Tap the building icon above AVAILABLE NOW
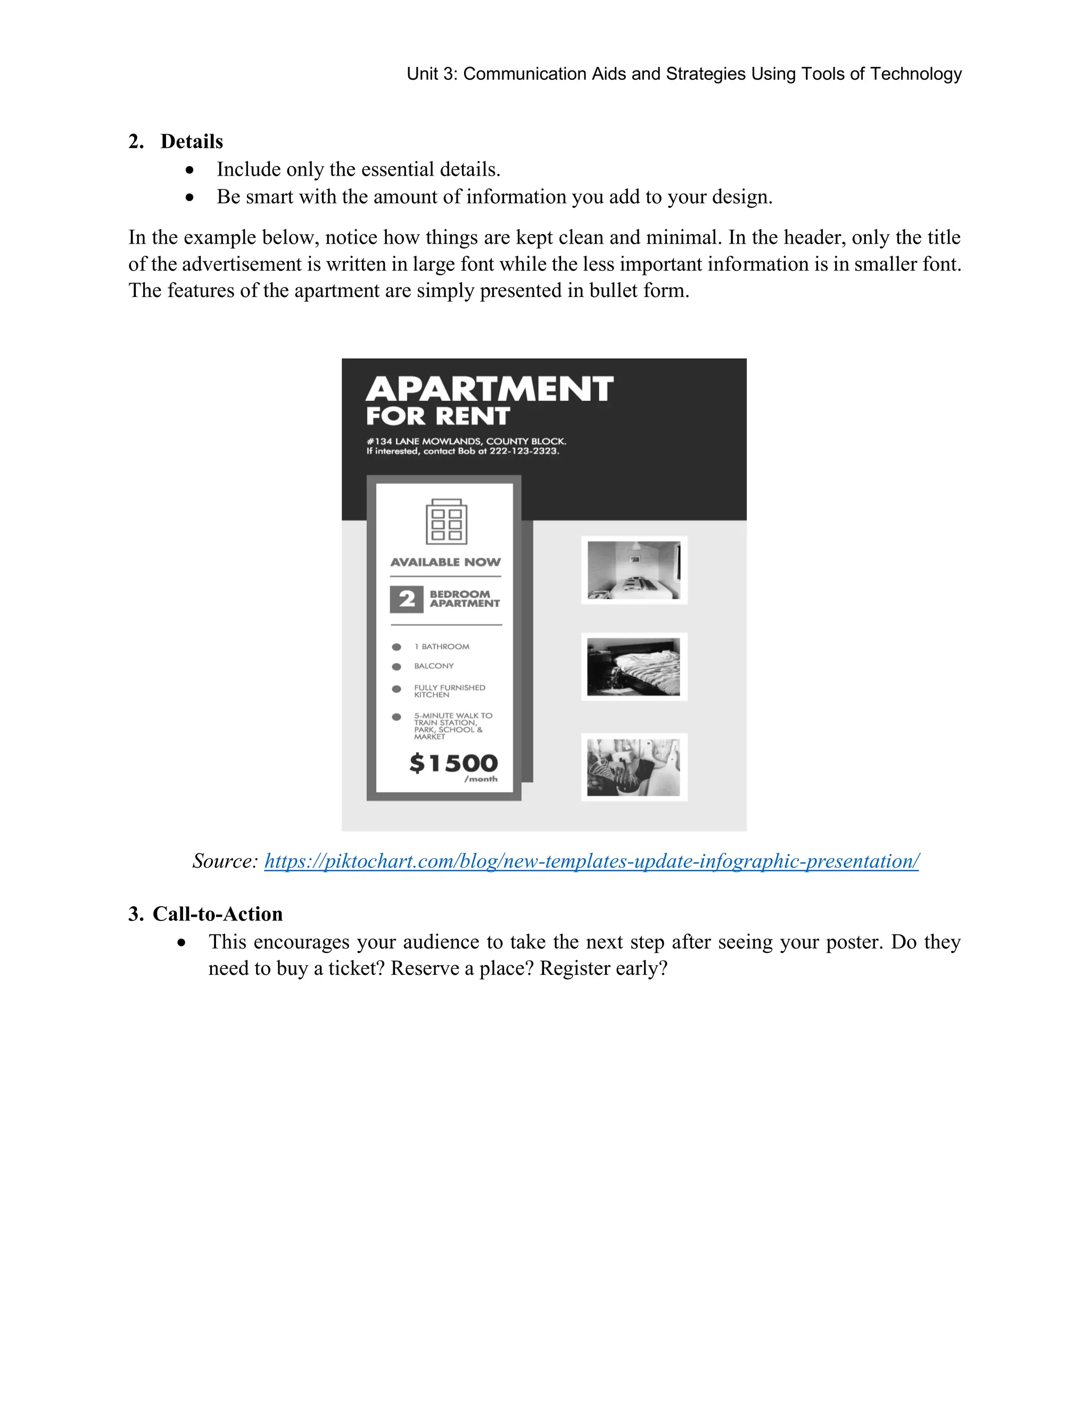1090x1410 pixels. point(446,521)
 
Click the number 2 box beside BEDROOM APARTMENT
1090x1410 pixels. point(406,599)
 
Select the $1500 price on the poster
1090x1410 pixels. point(454,763)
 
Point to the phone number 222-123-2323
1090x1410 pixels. point(524,451)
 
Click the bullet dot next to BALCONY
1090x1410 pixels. point(397,666)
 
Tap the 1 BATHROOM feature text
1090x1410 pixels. point(442,646)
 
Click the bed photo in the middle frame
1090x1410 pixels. point(633,667)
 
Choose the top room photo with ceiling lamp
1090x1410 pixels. point(633,570)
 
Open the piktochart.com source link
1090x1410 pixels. point(591,861)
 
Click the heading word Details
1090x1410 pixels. point(192,142)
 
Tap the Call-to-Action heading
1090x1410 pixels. point(217,914)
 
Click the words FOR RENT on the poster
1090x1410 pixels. point(438,417)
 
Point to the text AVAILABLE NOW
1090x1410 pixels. point(445,562)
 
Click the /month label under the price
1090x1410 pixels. point(481,779)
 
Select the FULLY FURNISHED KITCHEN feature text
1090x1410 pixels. point(449,691)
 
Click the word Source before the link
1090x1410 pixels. point(225,861)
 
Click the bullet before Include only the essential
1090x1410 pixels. point(189,170)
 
